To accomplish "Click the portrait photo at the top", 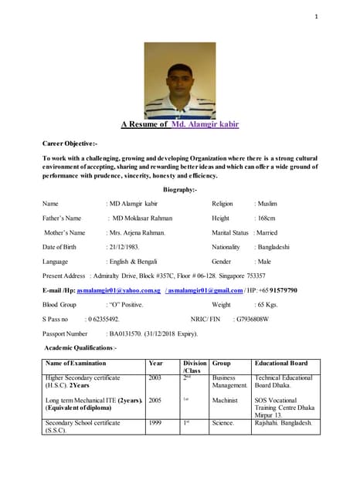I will click(180, 80).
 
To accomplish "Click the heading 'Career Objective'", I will click(70, 144).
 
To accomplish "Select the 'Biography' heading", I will click(180, 189).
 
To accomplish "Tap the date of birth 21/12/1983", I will click(123, 246).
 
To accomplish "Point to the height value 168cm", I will click(265, 218).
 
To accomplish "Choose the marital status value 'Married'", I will click(268, 232).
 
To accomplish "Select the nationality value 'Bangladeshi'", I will click(272, 247).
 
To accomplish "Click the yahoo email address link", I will click(119, 290).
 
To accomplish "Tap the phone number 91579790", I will click(280, 290).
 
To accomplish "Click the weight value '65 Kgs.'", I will click(267, 305).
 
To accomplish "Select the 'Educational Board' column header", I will click(282, 362).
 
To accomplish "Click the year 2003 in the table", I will click(155, 377).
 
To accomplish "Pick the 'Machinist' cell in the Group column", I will click(224, 401).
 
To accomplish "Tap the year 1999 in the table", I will click(155, 424).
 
